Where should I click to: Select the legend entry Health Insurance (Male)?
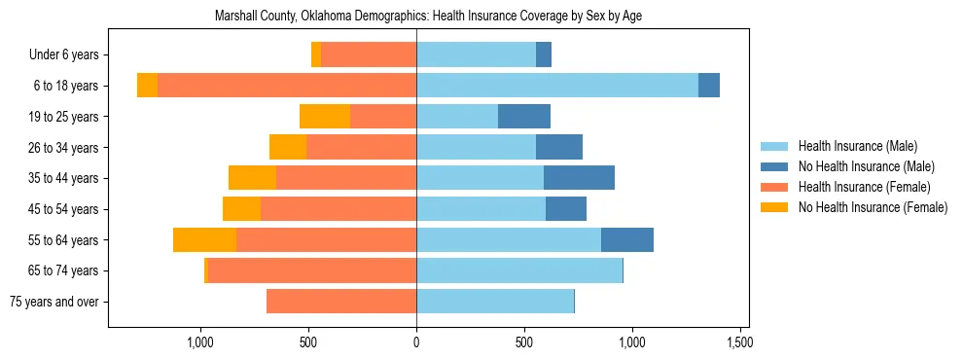pos(857,146)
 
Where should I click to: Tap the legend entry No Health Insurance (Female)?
pos(873,207)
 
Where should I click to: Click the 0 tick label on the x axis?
pos(416,342)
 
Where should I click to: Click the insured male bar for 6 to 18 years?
pos(556,86)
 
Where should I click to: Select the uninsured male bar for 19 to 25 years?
pos(524,117)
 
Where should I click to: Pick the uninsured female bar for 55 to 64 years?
pos(204,240)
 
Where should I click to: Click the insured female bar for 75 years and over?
pos(341,302)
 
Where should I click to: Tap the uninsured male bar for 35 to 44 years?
pos(579,178)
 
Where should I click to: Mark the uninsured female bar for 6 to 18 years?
pos(147,86)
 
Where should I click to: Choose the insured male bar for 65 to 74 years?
pos(519,270)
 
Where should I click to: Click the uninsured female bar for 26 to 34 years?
pos(288,147)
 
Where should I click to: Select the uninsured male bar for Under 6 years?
pos(544,55)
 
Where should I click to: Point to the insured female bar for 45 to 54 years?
pos(339,209)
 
